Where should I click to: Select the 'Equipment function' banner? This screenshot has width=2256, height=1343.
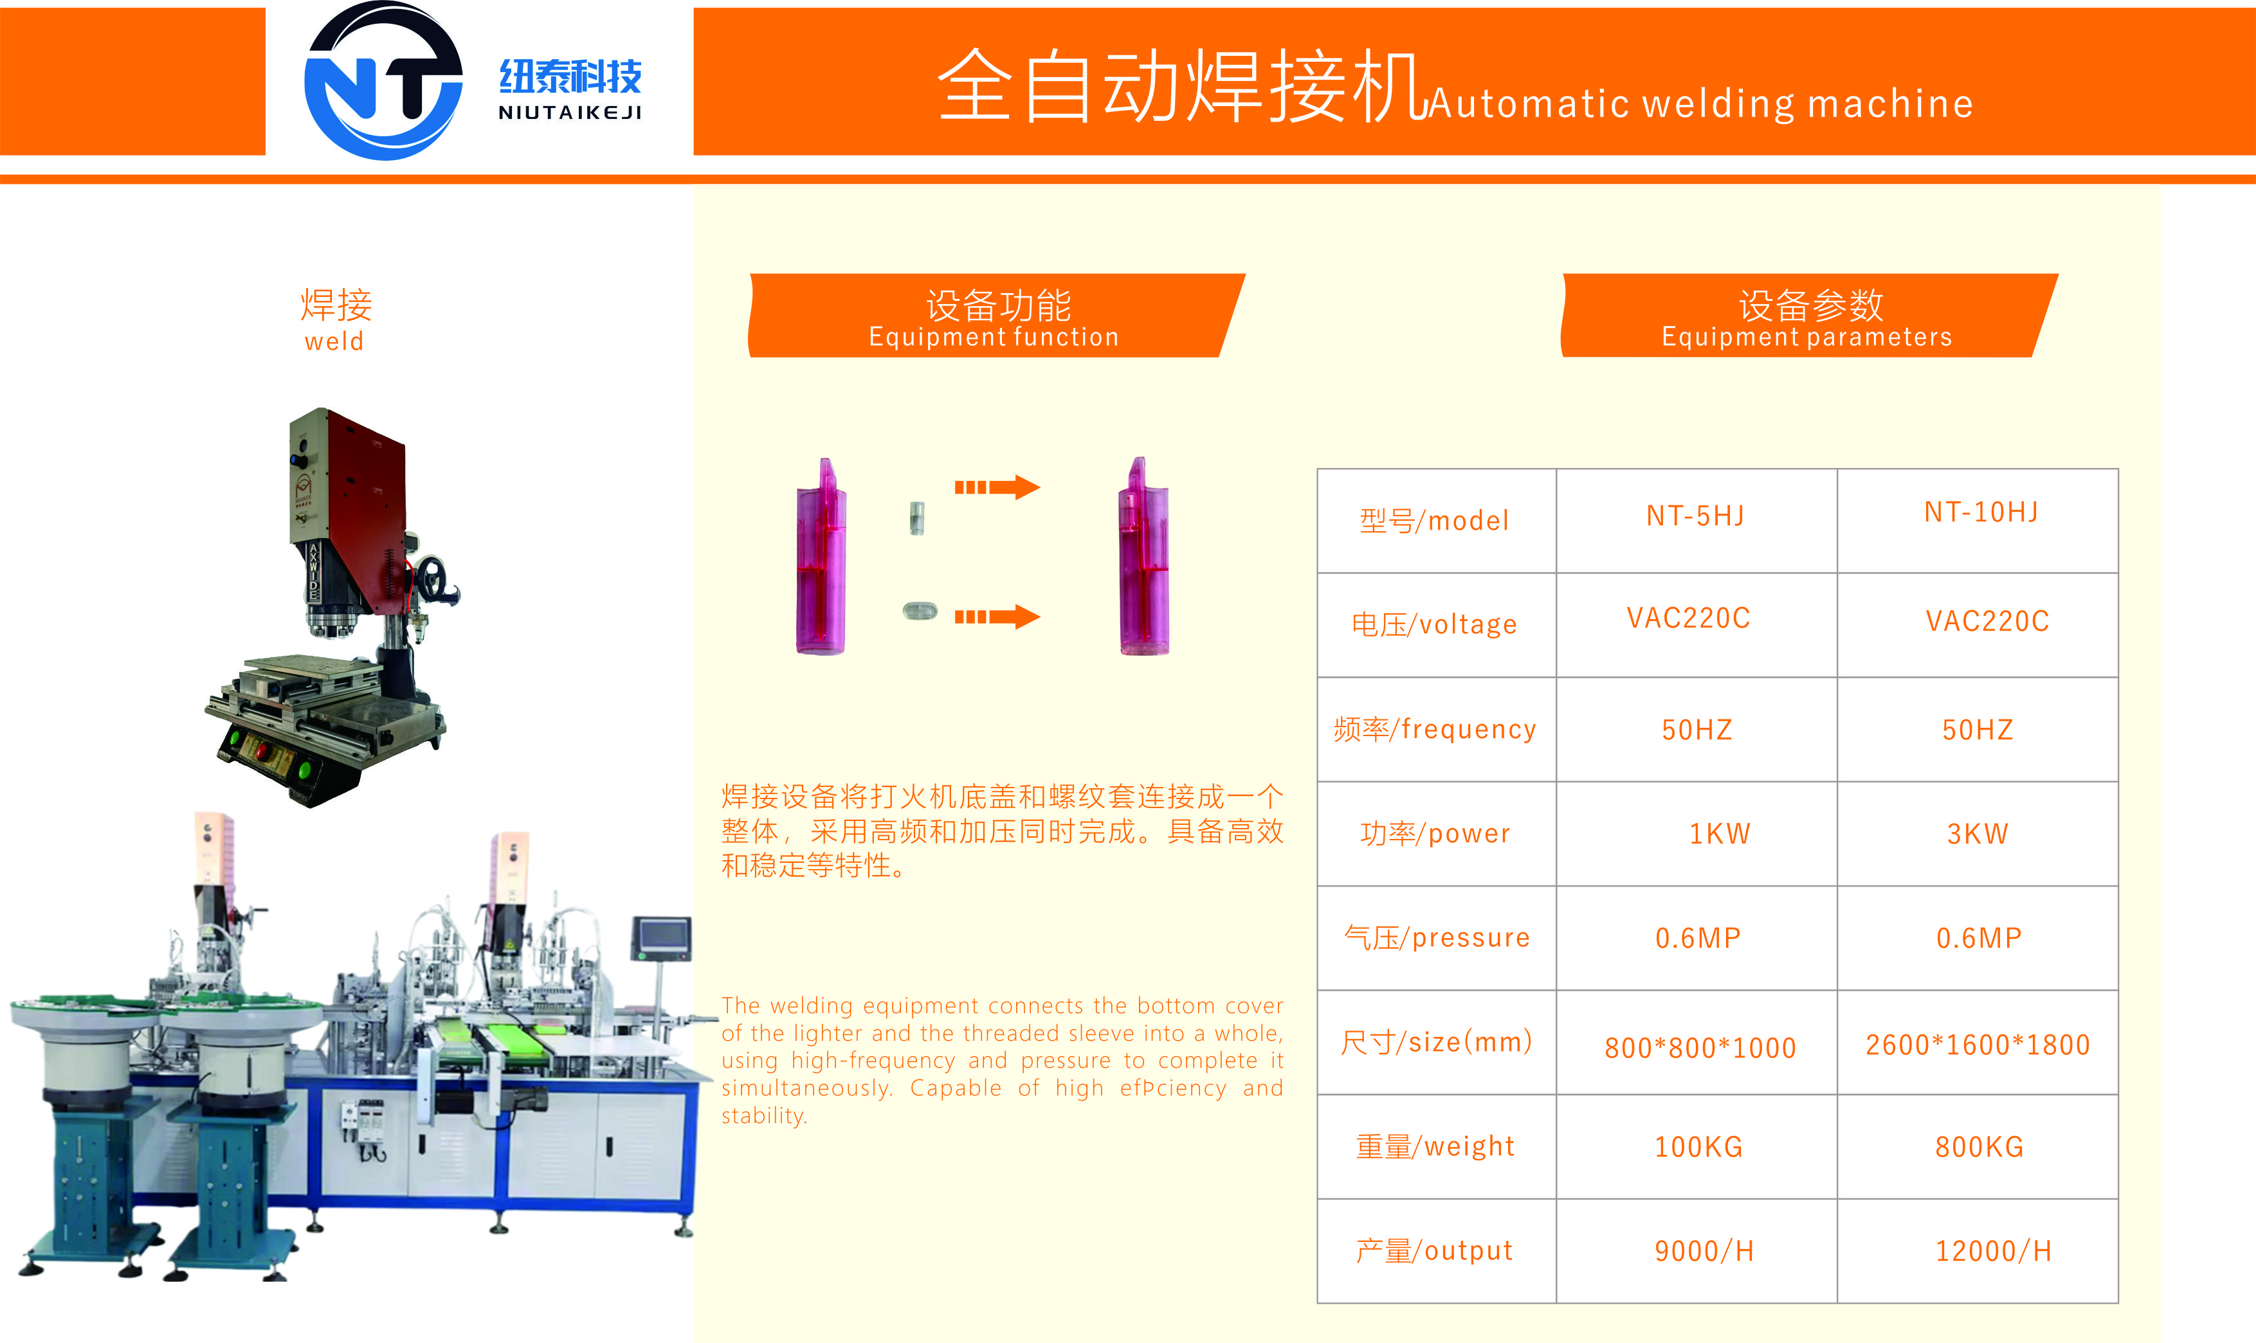point(996,315)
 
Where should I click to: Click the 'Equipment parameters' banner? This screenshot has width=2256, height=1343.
point(1809,315)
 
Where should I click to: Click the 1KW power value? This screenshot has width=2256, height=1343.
point(1719,833)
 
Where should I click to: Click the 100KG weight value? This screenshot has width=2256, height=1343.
point(1698,1147)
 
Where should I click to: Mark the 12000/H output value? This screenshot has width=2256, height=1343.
point(1992,1250)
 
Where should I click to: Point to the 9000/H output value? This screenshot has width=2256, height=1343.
point(1704,1250)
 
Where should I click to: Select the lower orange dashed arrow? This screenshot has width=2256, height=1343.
point(997,617)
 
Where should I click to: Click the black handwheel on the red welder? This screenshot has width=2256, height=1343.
point(437,579)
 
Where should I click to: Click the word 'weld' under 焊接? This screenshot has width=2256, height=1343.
point(334,341)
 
